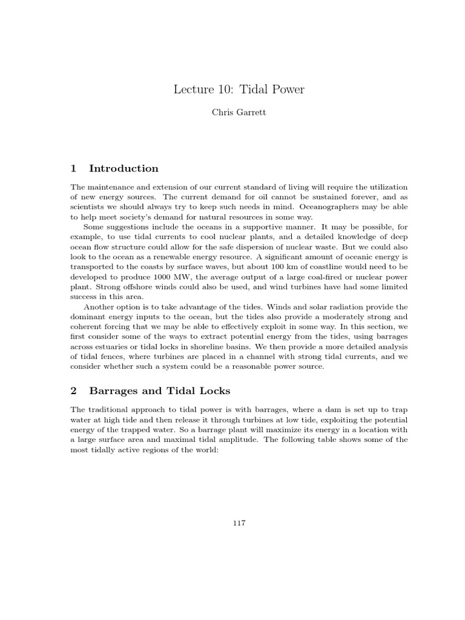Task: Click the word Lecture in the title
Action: click(193, 90)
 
